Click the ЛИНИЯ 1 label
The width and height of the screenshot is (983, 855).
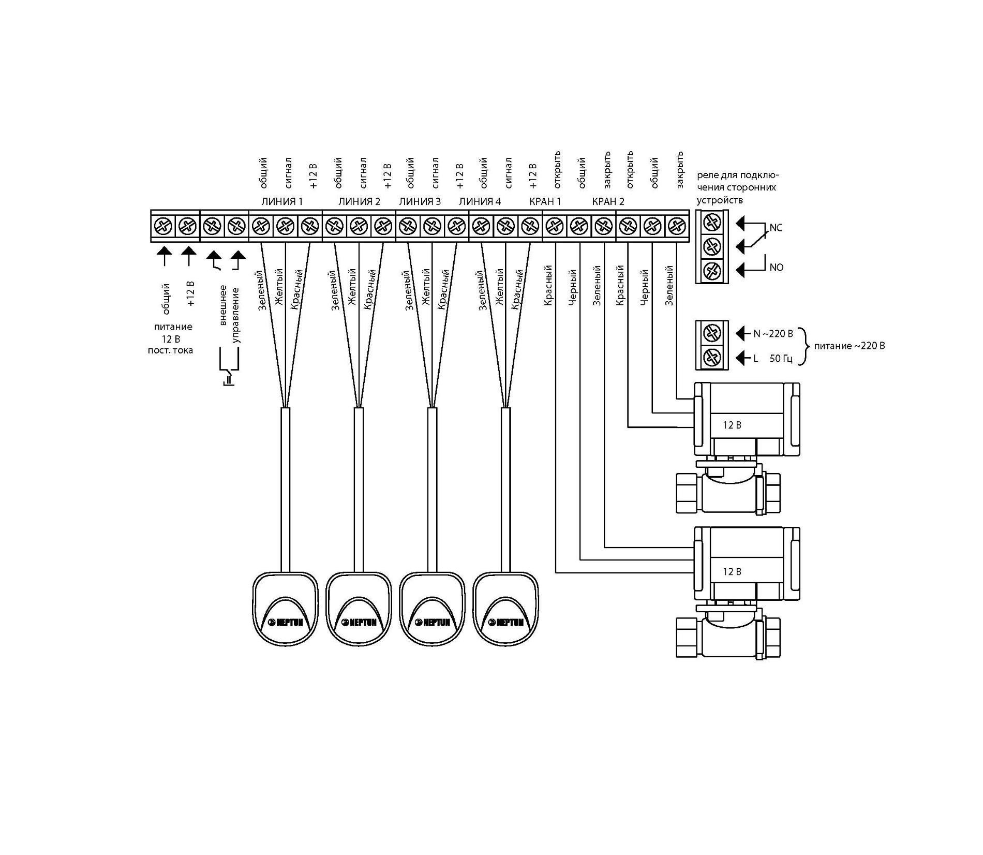coord(282,201)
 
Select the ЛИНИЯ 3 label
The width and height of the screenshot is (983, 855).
coord(420,201)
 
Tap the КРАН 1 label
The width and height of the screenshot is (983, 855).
coord(545,201)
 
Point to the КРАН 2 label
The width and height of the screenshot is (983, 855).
coord(608,201)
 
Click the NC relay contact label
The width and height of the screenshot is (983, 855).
coord(776,228)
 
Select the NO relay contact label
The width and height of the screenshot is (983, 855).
coord(777,268)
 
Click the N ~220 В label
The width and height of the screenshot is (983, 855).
coord(773,334)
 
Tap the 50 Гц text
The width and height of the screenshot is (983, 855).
coord(781,358)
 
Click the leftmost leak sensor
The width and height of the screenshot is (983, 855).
coord(285,608)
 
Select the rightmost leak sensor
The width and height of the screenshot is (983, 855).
coord(505,608)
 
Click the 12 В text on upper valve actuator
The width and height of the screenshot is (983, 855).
coord(732,425)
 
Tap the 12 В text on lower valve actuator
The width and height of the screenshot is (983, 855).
coord(732,572)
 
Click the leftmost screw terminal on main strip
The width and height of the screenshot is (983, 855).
coord(163,226)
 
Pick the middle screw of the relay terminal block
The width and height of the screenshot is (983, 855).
coord(712,246)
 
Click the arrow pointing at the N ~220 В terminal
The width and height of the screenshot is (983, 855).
coord(741,333)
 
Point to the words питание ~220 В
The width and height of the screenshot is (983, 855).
coord(850,346)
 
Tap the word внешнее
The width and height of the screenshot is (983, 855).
coord(223,305)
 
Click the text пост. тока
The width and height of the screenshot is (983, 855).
coord(170,350)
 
